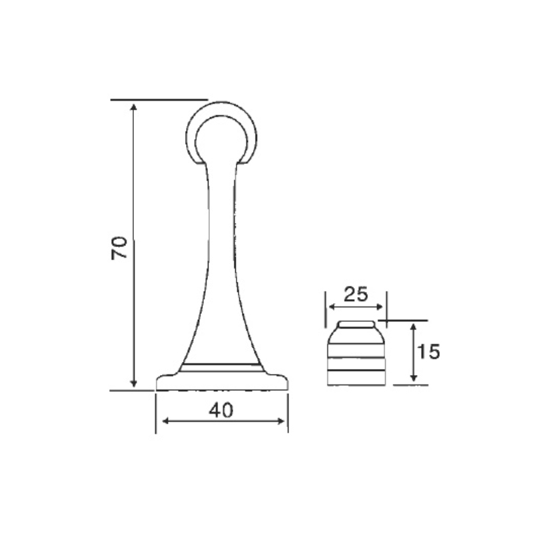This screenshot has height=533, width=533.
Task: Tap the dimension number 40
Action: pyautogui.click(x=221, y=411)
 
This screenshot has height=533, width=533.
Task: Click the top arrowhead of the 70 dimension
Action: pyautogui.click(x=134, y=107)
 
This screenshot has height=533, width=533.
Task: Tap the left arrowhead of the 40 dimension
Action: pyautogui.click(x=162, y=421)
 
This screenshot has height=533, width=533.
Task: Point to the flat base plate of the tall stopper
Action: pyautogui.click(x=222, y=382)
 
